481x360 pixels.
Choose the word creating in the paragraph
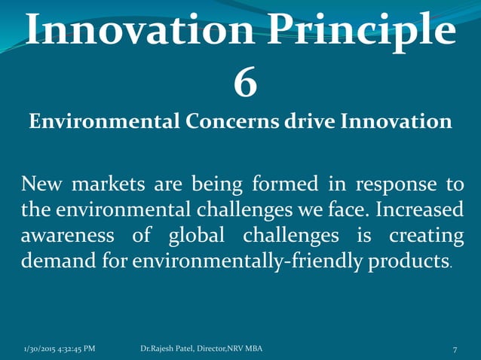[x=426, y=237]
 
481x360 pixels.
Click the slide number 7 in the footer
[x=455, y=349]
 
